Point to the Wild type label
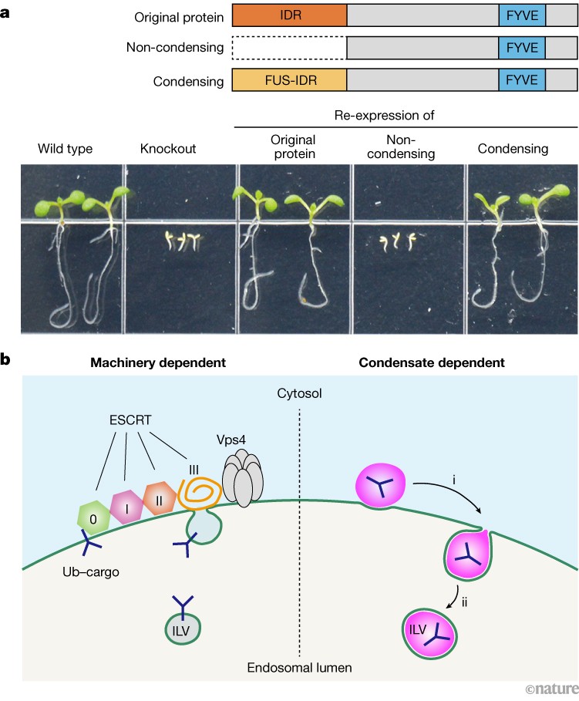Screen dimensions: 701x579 66,148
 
